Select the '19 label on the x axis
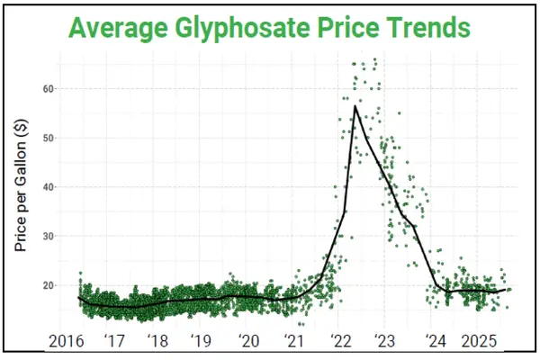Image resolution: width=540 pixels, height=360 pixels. [203, 342]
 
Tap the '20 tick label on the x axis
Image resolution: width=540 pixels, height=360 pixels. [249, 342]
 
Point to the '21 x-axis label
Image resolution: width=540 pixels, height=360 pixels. [294, 342]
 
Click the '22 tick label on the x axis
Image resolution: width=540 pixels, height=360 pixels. [340, 342]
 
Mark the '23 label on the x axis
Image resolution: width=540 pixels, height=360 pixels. [385, 342]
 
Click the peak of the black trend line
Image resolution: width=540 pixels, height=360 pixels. [355, 106]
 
